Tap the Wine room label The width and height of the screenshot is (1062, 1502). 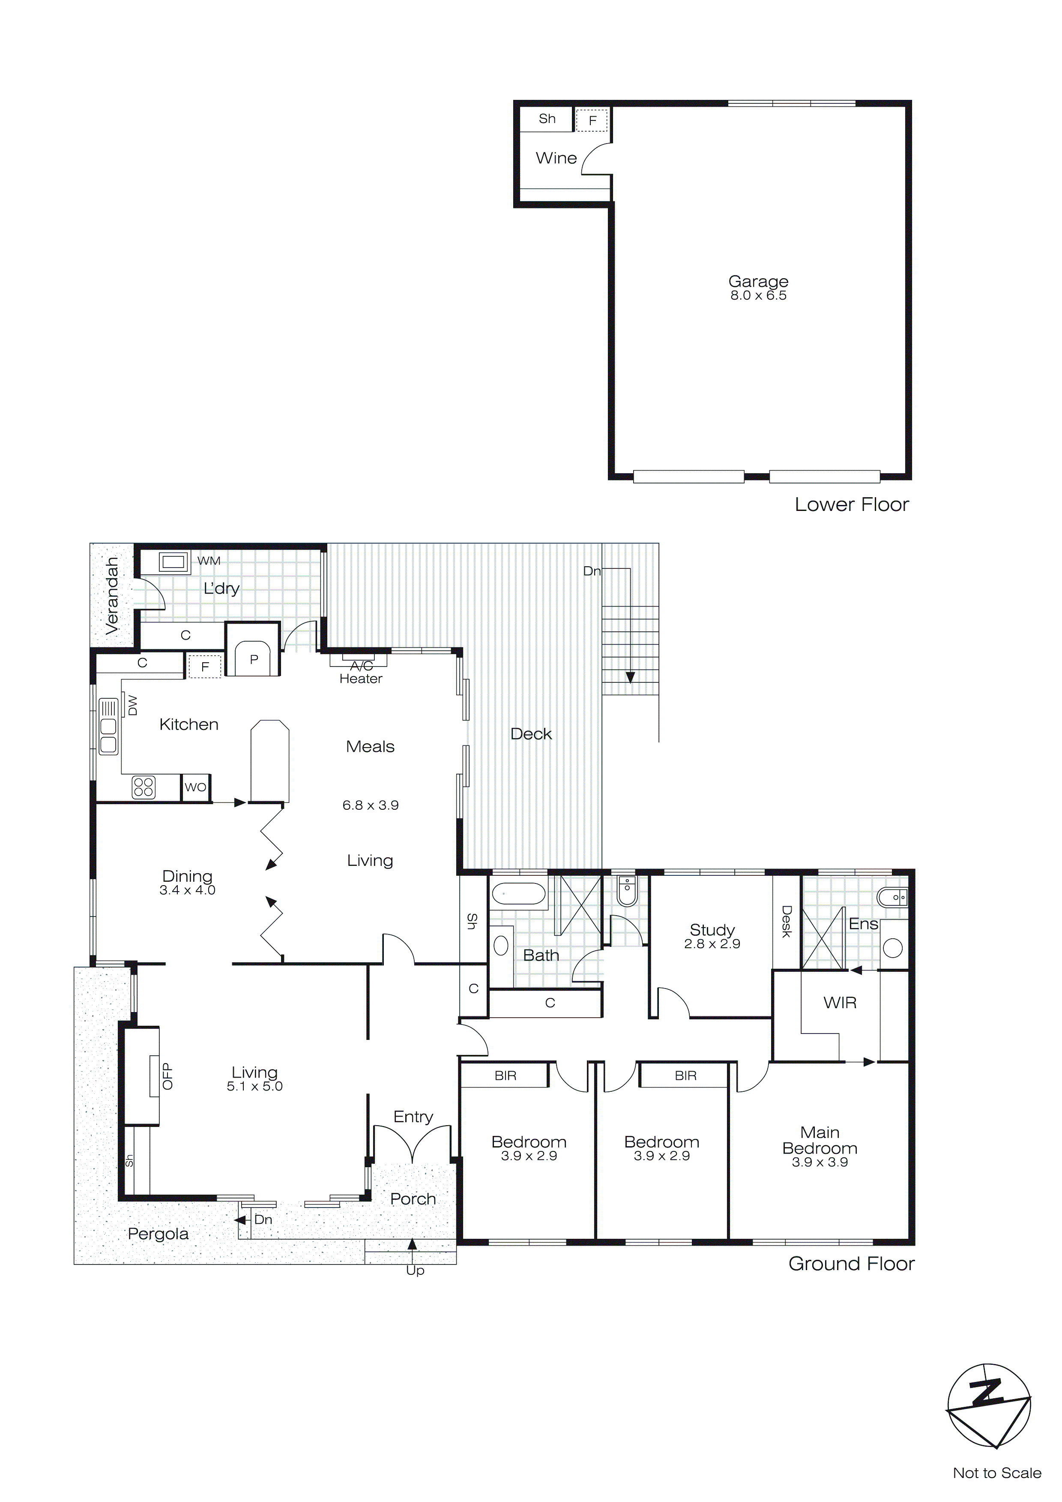[x=556, y=158]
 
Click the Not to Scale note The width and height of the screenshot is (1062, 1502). [x=996, y=1472]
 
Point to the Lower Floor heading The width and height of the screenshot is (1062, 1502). [x=851, y=505]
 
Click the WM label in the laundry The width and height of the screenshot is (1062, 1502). [x=209, y=561]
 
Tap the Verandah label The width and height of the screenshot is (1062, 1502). [x=113, y=595]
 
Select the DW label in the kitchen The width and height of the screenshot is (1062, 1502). [x=133, y=705]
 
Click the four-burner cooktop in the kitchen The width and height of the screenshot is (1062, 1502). [x=144, y=787]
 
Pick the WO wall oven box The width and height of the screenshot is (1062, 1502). [x=195, y=787]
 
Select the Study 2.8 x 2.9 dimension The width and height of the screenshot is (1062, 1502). [x=712, y=944]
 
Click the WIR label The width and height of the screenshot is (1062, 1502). [x=840, y=1002]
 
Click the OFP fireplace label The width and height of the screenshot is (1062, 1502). [x=168, y=1076]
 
